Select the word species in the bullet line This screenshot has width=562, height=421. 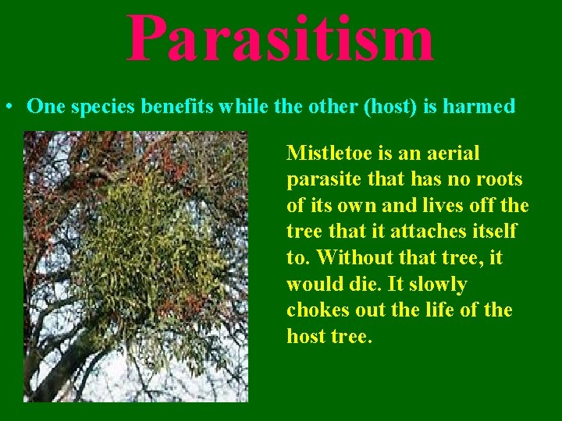(98, 107)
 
